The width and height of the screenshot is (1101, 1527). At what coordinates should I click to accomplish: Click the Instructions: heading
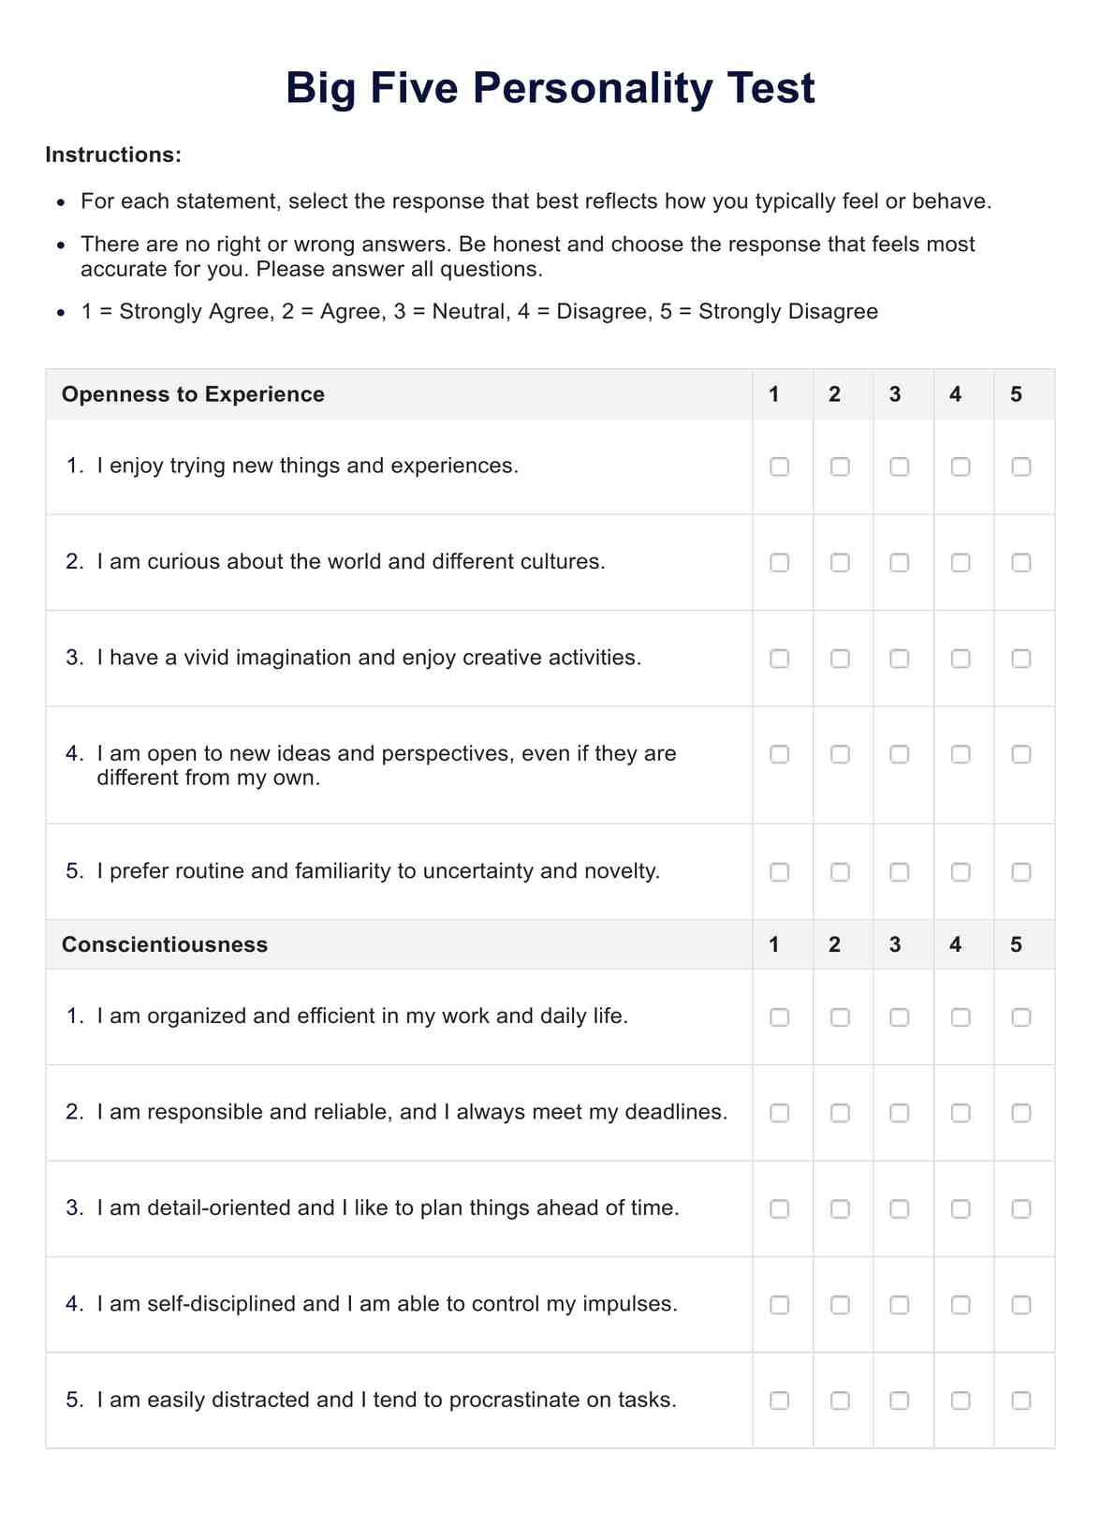coord(113,155)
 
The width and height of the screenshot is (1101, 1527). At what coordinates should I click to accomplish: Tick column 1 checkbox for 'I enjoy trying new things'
coord(779,467)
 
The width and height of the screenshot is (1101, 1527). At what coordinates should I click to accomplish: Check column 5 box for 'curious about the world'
coord(1020,562)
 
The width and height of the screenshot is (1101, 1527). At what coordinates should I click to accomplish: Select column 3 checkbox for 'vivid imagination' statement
coord(899,659)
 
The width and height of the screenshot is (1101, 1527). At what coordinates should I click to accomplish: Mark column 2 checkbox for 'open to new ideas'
coord(840,754)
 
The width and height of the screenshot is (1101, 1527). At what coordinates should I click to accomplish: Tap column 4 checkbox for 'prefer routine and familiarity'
coord(960,872)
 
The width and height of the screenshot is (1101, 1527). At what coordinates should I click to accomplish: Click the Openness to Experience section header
coord(193,394)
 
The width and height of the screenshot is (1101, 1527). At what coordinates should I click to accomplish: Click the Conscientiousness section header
coord(165,944)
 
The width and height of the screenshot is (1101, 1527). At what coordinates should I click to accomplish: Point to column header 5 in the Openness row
coord(1016,394)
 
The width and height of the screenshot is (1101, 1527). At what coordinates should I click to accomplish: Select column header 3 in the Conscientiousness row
coord(895,944)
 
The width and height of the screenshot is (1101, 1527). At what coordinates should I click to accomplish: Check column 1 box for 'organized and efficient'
coord(779,1017)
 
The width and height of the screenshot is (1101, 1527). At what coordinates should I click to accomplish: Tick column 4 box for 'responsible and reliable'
coord(960,1113)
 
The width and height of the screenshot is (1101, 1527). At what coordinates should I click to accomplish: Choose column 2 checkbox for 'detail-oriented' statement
coord(840,1209)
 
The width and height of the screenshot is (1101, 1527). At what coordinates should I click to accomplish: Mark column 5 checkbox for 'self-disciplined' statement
coord(1020,1305)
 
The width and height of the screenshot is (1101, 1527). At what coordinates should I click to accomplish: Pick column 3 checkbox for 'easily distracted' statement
coord(899,1401)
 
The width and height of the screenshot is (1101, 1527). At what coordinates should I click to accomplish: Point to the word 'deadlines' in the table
coord(674,1112)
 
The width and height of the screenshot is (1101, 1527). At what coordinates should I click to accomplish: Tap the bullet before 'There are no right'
coord(61,245)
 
